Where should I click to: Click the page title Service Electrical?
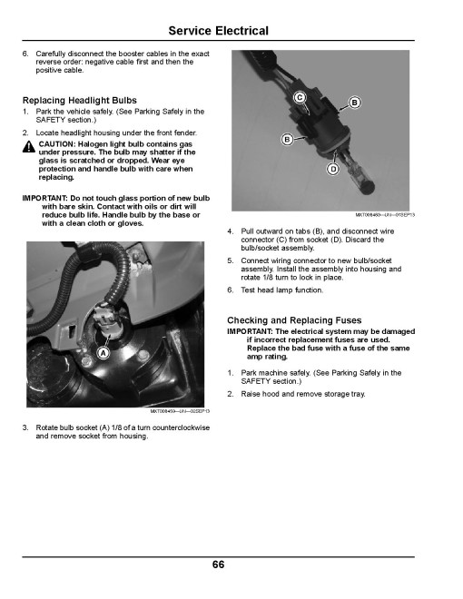[218, 31]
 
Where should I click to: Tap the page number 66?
[218, 565]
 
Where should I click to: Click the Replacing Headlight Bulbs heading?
[80, 101]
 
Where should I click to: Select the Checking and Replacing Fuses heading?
[294, 320]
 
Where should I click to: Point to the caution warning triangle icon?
[29, 147]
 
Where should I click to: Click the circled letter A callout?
[103, 353]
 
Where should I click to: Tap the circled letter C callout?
[300, 97]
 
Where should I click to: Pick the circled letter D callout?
[333, 169]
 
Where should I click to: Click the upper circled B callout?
[354, 103]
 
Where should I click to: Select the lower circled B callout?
[287, 140]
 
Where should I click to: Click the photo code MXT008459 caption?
[180, 411]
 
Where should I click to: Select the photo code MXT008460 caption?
[385, 215]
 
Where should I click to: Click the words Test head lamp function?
[282, 290]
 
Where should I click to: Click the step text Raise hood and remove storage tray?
[303, 394]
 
